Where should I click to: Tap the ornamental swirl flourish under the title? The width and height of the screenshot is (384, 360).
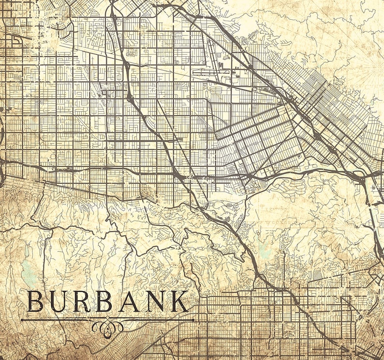click(107, 327)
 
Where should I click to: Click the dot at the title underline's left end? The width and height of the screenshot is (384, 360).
click(22, 319)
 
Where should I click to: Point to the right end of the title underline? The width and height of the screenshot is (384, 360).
click(193, 319)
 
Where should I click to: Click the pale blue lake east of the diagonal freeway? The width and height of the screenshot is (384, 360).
click(264, 249)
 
